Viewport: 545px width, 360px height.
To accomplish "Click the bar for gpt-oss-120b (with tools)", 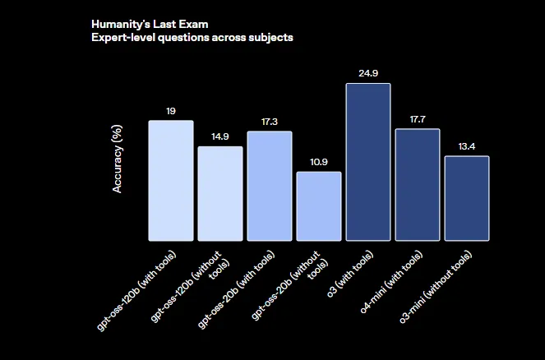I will click(x=171, y=181).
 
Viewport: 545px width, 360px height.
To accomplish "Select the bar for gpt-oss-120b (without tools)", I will click(x=220, y=194).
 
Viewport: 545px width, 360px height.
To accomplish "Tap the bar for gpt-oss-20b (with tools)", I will click(x=270, y=186).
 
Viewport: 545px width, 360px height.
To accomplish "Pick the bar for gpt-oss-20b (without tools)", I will click(x=319, y=206).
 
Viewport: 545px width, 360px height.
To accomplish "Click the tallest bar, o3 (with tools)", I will click(x=368, y=162).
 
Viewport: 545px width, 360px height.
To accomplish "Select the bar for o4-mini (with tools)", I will click(x=418, y=185).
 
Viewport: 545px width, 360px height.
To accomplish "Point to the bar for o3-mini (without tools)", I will click(x=467, y=198).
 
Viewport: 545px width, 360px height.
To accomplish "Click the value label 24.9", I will click(x=368, y=73).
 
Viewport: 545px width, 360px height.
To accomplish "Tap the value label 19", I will click(x=171, y=110).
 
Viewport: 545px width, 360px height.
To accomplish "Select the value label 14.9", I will click(x=220, y=136).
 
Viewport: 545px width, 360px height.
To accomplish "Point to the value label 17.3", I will click(x=270, y=122).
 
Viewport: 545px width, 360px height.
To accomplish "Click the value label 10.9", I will click(x=319, y=162).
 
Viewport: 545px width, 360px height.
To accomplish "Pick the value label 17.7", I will click(x=418, y=119).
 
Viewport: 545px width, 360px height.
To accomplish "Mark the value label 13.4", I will click(x=467, y=146).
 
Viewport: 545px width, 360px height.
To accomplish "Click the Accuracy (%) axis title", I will click(x=118, y=159).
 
